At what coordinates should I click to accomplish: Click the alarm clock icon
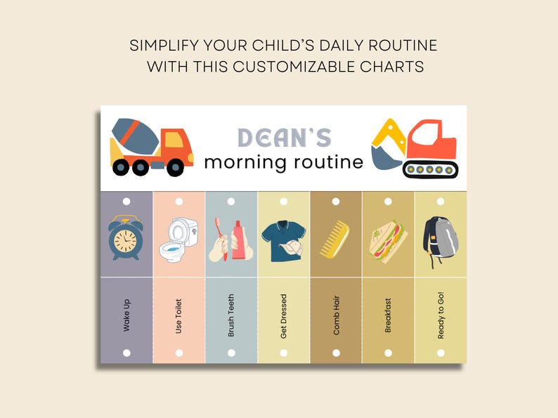(x=126, y=237)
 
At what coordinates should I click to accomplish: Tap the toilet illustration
(x=179, y=239)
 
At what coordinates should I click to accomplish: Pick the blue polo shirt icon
(x=283, y=240)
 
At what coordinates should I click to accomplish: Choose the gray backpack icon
(x=440, y=239)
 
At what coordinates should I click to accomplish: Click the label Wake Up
(x=126, y=315)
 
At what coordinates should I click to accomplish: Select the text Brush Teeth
(x=231, y=315)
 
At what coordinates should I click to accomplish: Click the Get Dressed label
(x=283, y=315)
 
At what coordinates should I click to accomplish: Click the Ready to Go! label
(x=441, y=315)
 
